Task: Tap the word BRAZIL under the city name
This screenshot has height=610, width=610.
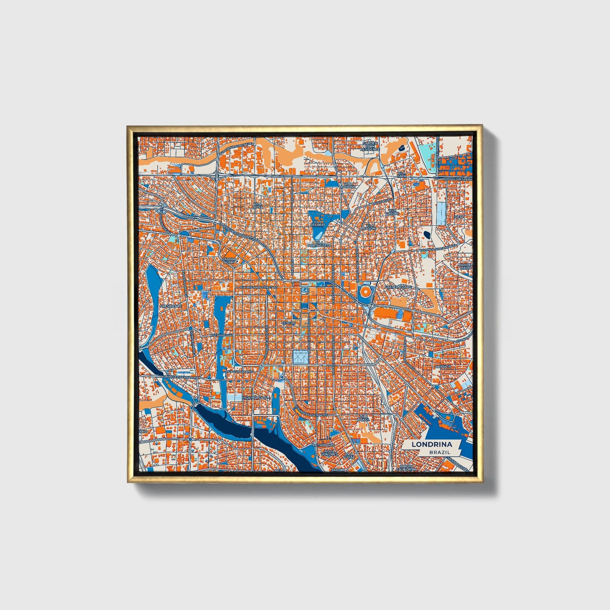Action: click(x=439, y=452)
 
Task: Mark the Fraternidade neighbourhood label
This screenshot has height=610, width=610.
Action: click(x=398, y=287)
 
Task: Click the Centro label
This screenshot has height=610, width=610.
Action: click(x=289, y=323)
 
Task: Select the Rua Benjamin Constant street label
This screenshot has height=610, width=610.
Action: click(x=259, y=287)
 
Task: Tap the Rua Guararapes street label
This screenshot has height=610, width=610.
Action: click(x=239, y=371)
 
